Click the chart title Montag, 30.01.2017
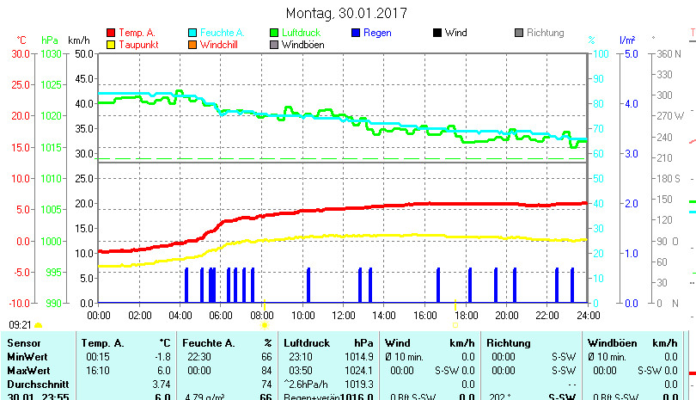click(346, 13)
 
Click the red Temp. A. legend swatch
click(111, 33)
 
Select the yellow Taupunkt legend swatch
click(111, 45)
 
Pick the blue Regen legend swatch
click(357, 33)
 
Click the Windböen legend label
click(303, 45)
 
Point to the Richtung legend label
click(545, 33)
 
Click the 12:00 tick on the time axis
click(343, 315)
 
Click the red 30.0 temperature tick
click(20, 53)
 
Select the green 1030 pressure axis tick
click(51, 53)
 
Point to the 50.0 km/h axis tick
click(84, 53)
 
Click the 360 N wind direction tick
click(667, 53)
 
